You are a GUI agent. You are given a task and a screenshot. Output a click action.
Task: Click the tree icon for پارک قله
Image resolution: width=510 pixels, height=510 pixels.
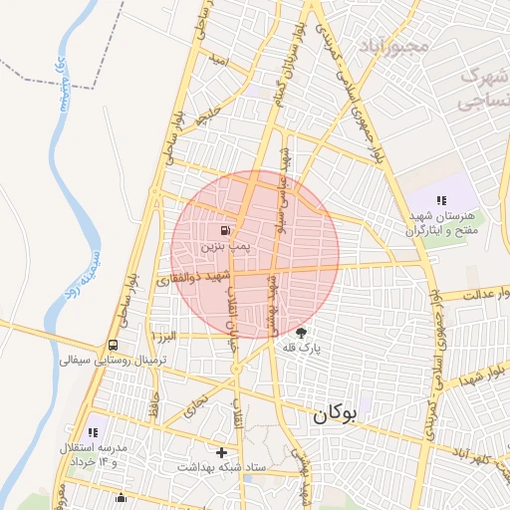click(302, 333)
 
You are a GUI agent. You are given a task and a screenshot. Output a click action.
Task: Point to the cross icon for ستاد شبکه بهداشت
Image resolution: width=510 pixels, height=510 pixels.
click(221, 451)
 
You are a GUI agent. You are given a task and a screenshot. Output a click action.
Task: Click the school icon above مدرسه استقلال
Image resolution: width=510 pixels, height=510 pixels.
click(93, 432)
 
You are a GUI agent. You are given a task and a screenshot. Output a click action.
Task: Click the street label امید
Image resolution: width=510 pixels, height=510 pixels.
click(221, 62)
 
